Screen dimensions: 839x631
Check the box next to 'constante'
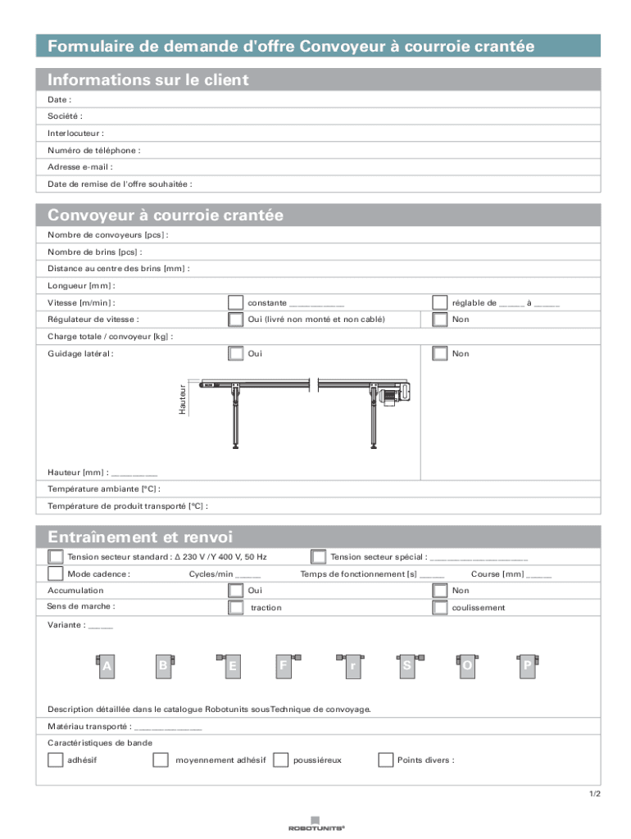pos(235,302)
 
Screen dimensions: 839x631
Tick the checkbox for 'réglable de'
pos(440,302)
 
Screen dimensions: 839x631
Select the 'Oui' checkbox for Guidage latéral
pos(235,353)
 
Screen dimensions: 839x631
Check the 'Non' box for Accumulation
pos(440,590)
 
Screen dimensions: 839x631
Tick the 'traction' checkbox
pos(235,607)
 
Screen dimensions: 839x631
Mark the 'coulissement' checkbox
pos(440,607)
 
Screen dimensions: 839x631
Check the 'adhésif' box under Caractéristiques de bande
pos(55,760)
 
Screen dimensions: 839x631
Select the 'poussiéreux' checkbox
pos(280,760)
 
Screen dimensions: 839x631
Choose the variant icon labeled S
pos(407,666)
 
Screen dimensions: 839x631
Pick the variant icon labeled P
pos(527,666)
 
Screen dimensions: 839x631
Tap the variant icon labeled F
pos(284,666)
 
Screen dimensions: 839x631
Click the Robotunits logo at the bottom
pos(315,823)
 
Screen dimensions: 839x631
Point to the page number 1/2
pos(594,794)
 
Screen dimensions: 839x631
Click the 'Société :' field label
pos(65,116)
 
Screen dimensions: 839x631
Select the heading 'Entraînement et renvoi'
pos(140,537)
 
